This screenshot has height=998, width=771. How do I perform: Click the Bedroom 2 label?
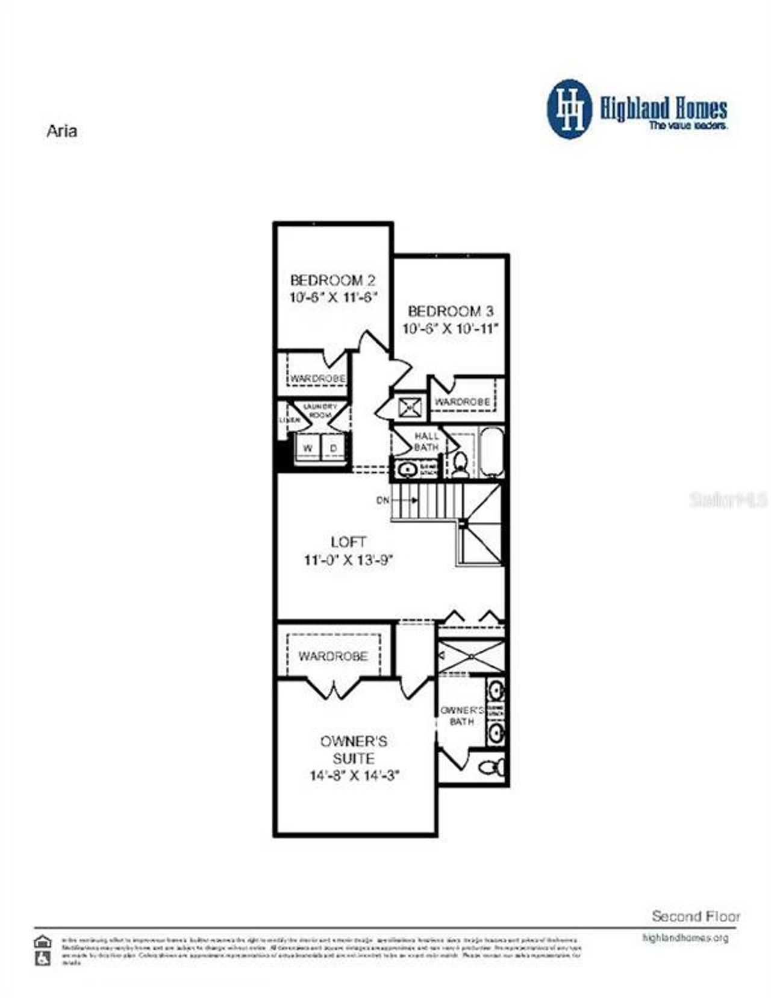click(x=333, y=280)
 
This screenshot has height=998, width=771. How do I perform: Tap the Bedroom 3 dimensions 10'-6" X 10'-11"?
click(x=451, y=329)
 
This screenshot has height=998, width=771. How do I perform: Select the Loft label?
click(x=348, y=542)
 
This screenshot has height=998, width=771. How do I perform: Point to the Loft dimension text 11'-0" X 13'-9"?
click(x=348, y=560)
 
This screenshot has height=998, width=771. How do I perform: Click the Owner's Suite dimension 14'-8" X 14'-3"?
click(x=354, y=775)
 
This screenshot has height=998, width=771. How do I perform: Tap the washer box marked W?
click(x=308, y=448)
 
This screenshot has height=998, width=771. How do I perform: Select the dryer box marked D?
click(x=333, y=448)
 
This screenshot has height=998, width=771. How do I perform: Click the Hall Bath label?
click(x=426, y=441)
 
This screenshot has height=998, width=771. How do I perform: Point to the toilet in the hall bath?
click(x=461, y=463)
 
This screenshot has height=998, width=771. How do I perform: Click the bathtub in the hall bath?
click(x=491, y=451)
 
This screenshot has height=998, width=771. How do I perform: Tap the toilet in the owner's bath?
click(x=491, y=767)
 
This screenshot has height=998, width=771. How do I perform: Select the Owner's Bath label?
click(x=461, y=716)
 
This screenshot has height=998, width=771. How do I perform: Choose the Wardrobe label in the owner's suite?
click(x=332, y=656)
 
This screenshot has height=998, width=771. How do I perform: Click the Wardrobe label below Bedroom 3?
click(x=462, y=401)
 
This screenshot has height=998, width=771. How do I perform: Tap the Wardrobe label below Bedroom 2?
click(x=317, y=379)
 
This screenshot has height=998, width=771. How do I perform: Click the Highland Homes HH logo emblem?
click(x=569, y=110)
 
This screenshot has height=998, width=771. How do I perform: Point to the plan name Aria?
click(x=61, y=131)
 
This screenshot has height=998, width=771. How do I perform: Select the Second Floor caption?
click(x=696, y=916)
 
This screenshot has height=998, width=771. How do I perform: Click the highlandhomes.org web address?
click(x=685, y=938)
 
